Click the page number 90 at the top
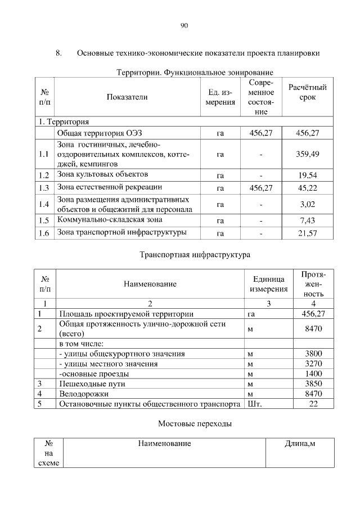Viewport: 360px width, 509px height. (x=184, y=25)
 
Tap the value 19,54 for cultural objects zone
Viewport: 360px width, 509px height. (x=307, y=175)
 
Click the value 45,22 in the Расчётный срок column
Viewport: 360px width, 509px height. (x=307, y=188)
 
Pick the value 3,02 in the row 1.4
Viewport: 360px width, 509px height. (x=307, y=205)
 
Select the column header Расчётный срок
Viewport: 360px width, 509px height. (x=307, y=92)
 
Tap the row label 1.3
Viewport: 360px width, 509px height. (x=44, y=188)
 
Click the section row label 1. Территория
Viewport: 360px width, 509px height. (x=63, y=121)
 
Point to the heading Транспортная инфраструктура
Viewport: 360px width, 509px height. (x=195, y=255)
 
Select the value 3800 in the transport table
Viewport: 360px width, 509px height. (x=313, y=354)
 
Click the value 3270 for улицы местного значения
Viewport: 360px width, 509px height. (x=313, y=364)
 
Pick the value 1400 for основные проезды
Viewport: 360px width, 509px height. (x=313, y=374)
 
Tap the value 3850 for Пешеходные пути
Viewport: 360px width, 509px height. (x=313, y=384)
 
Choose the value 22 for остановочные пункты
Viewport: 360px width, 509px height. (x=313, y=404)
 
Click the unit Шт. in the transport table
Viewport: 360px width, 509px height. (x=254, y=404)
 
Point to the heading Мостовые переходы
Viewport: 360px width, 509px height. (x=195, y=423)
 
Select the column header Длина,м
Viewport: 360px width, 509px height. (x=299, y=444)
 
